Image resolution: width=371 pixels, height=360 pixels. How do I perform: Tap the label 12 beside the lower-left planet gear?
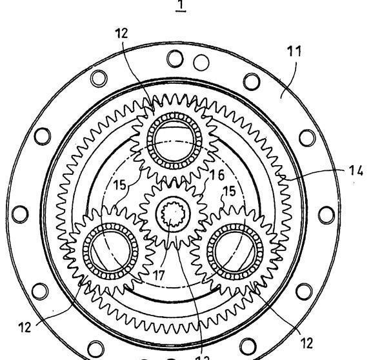pyautogui.click(x=24, y=326)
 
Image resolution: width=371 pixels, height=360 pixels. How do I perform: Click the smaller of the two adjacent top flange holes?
pyautogui.click(x=202, y=63)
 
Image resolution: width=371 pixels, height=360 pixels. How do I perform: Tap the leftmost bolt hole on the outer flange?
pyautogui.click(x=20, y=213)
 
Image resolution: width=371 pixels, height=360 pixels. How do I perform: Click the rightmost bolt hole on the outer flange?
pyautogui.click(x=326, y=215)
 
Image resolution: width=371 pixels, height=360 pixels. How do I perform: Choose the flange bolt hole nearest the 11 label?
pyautogui.click(x=253, y=81)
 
